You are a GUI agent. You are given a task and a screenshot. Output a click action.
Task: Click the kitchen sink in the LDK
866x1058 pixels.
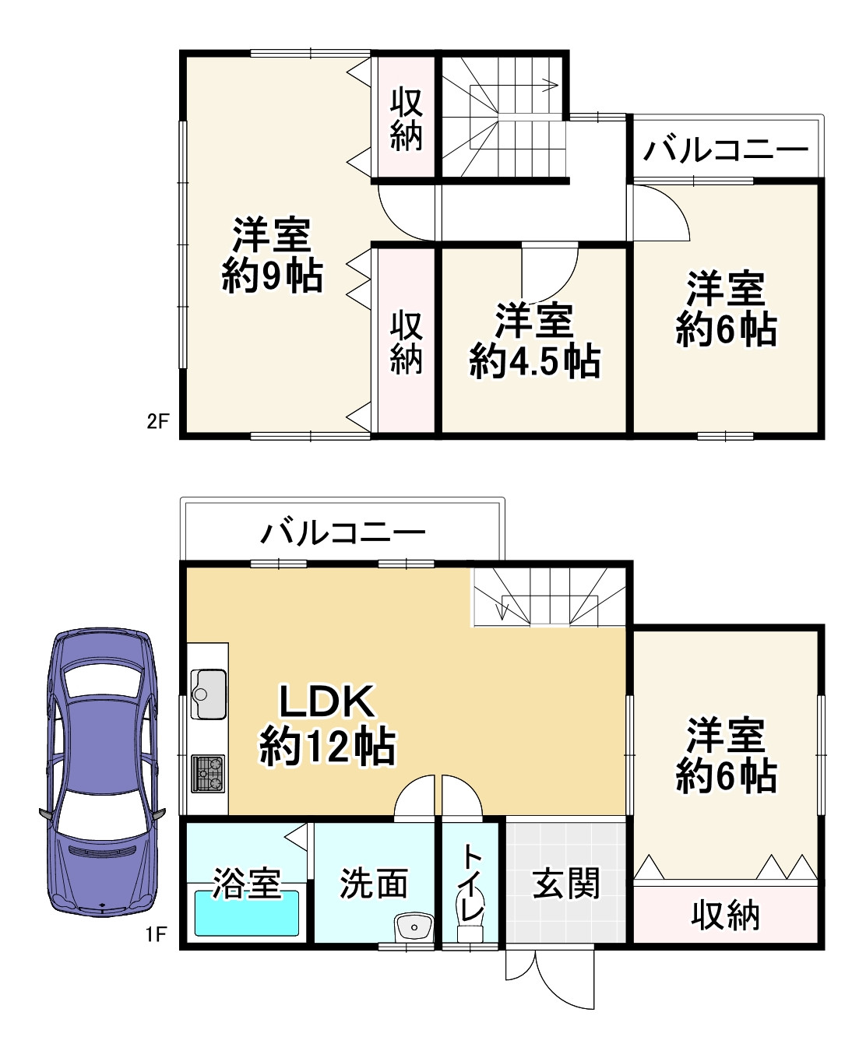(208, 693)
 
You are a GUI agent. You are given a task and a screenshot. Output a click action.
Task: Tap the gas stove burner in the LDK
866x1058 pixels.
(208, 773)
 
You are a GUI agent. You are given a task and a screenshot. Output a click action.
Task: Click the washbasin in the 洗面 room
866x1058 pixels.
(414, 927)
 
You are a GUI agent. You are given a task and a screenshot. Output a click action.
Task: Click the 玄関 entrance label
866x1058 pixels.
(566, 884)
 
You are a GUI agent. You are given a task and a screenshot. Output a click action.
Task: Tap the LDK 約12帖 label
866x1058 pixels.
(327, 724)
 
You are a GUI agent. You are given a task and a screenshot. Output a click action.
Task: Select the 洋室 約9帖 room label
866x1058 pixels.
(272, 255)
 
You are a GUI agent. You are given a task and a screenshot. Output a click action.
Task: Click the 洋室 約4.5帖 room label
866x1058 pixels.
(534, 340)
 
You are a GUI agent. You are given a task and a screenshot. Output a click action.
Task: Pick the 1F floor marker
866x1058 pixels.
(157, 933)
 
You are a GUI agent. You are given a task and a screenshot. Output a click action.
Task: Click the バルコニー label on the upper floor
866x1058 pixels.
(726, 149)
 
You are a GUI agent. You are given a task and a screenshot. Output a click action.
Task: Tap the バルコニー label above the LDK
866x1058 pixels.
(343, 533)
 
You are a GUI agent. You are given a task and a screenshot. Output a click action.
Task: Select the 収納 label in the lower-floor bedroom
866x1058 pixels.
(725, 916)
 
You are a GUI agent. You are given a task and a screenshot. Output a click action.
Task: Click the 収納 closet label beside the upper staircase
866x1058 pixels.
(406, 118)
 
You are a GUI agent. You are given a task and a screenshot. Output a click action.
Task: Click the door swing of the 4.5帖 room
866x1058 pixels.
(550, 269)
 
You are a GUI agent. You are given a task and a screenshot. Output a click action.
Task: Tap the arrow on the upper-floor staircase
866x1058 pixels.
(550, 85)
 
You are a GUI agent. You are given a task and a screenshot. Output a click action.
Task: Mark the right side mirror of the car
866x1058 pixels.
(158, 814)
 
